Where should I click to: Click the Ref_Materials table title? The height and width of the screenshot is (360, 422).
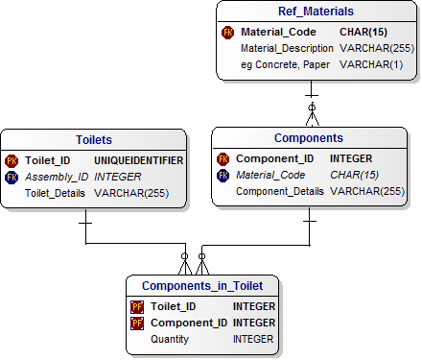point(316,12)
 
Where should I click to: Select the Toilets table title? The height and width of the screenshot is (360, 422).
point(93,139)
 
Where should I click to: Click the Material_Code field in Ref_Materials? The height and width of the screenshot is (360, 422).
point(280,32)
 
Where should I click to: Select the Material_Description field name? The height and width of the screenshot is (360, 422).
point(287,48)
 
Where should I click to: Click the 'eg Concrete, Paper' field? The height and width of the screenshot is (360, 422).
point(285,64)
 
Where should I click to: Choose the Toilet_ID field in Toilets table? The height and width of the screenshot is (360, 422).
point(53,159)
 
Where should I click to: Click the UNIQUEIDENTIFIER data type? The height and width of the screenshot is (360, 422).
point(138,159)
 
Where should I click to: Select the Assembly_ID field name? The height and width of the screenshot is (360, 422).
point(57,177)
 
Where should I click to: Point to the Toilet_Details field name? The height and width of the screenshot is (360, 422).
point(56,193)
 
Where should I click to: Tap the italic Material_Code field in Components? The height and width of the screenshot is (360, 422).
point(270,175)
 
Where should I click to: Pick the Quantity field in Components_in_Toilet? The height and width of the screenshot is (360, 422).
point(170,339)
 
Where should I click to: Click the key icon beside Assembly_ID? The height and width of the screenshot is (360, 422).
point(12,177)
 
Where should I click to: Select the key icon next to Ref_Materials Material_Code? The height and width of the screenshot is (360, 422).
point(227,32)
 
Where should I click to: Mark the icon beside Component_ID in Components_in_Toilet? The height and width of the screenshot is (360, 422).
point(137,323)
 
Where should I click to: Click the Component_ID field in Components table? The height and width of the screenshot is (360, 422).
point(274,158)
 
